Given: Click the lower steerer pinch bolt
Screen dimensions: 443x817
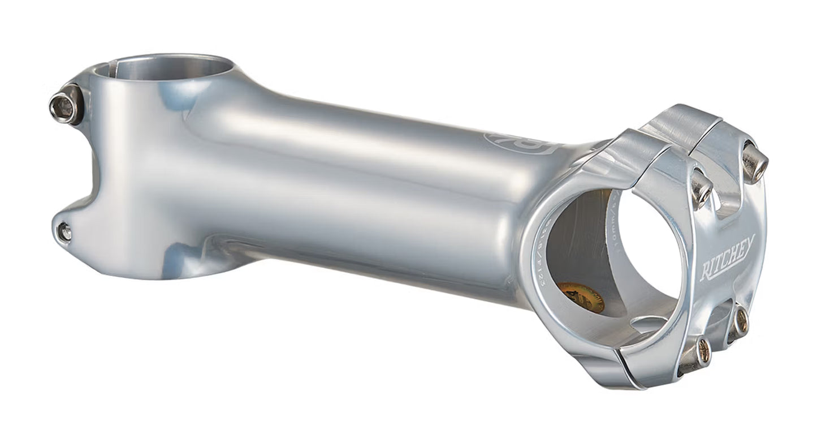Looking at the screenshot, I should [64, 231].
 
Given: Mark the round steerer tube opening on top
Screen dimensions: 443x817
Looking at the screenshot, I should [164, 68].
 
